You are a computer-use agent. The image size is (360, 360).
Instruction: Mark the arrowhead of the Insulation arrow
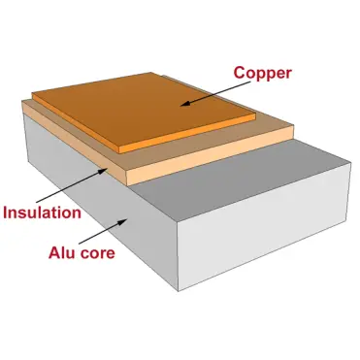[x=108, y=169]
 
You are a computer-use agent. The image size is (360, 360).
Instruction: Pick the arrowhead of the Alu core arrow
[x=123, y=218]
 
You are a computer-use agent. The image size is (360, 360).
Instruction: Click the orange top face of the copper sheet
[x=146, y=107]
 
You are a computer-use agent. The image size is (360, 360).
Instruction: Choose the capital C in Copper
[x=238, y=70]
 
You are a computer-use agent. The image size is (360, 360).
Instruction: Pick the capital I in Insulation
[x=6, y=211]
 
